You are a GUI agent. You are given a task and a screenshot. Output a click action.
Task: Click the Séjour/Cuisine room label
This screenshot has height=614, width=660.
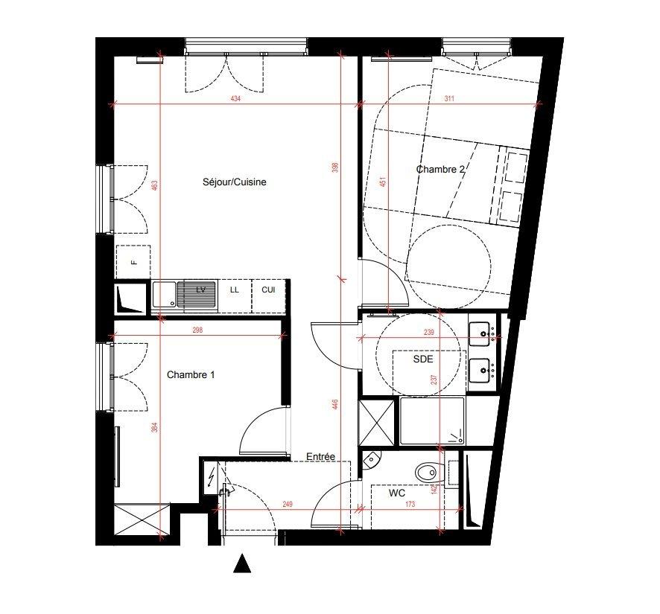pyautogui.click(x=235, y=182)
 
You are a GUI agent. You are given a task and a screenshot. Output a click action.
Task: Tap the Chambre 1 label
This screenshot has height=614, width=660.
pyautogui.click(x=191, y=374)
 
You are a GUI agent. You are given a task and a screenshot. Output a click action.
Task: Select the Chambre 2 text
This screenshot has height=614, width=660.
pyautogui.click(x=441, y=169)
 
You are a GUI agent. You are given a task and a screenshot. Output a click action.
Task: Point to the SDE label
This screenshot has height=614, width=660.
pyautogui.click(x=423, y=359)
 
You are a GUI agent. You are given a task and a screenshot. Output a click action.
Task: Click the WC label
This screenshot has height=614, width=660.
pyautogui.click(x=396, y=493)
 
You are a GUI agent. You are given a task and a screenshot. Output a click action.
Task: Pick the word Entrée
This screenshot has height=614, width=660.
pyautogui.click(x=321, y=456)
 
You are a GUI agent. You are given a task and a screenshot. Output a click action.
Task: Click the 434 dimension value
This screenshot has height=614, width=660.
pyautogui.click(x=235, y=99)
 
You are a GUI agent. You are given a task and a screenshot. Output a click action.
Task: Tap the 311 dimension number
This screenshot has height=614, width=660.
pyautogui.click(x=449, y=99)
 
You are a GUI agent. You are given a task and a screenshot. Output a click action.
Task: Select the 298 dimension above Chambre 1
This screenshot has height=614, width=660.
pyautogui.click(x=197, y=330)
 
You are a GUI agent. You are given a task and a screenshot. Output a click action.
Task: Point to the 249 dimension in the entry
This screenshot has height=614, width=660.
pyautogui.click(x=288, y=504)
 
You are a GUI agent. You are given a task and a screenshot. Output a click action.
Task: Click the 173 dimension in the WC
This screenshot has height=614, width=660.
pyautogui.click(x=410, y=504)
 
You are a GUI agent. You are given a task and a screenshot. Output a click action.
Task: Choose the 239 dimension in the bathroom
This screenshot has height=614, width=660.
pyautogui.click(x=428, y=332)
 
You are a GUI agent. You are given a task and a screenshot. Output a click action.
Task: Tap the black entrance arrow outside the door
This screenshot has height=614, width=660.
pyautogui.click(x=242, y=563)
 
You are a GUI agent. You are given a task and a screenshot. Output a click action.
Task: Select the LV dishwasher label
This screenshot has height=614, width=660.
pyautogui.click(x=201, y=290)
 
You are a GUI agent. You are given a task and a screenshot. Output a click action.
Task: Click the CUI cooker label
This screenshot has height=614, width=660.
pyautogui.click(x=268, y=290)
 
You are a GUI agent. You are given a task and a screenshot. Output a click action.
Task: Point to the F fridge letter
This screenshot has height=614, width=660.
pyautogui.click(x=134, y=263)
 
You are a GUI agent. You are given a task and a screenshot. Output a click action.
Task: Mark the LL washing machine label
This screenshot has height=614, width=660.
pyautogui.click(x=235, y=290)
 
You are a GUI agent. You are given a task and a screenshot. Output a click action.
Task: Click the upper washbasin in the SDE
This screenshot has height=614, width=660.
pyautogui.click(x=480, y=333)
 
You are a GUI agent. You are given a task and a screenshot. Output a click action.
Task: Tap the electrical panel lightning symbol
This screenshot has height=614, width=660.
pyautogui.click(x=211, y=476)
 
